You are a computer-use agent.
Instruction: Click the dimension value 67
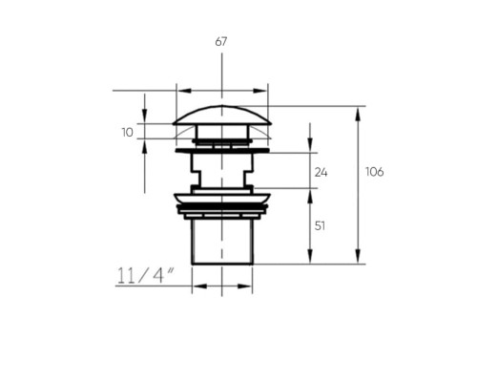click(221, 42)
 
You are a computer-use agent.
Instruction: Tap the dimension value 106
click(375, 172)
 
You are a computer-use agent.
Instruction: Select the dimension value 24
click(321, 173)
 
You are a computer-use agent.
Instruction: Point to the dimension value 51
click(320, 226)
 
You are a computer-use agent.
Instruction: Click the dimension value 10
click(128, 133)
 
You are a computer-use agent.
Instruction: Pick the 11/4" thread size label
click(146, 276)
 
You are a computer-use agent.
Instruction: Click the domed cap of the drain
click(222, 115)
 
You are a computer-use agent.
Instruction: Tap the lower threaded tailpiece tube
click(222, 242)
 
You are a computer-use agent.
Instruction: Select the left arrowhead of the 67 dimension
click(184, 91)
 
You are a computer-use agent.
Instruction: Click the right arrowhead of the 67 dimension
click(259, 91)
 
